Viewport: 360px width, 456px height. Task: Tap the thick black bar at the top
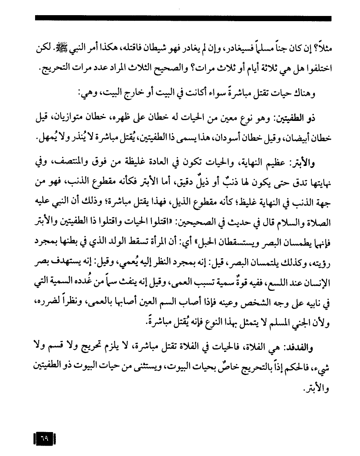(183, 18)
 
